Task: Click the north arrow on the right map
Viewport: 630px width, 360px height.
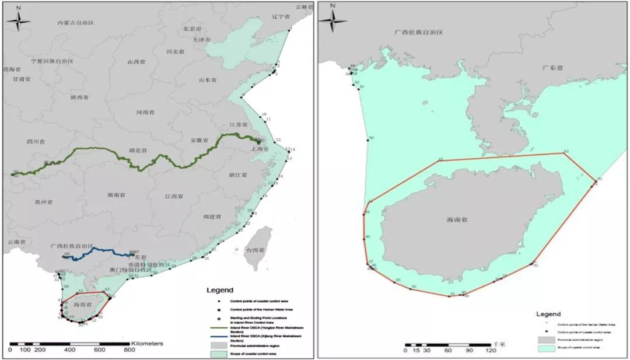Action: (x=332, y=21)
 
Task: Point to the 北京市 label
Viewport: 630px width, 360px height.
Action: (x=192, y=28)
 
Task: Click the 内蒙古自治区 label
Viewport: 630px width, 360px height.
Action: (x=75, y=22)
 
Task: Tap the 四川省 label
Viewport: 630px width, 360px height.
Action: (x=36, y=141)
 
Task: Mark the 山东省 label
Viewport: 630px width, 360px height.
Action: (x=208, y=79)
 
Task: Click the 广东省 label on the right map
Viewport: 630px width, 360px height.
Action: (x=552, y=68)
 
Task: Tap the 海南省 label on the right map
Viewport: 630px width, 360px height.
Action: (x=457, y=220)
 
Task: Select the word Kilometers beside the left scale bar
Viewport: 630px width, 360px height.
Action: (x=147, y=344)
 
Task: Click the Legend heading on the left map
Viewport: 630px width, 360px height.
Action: (x=220, y=290)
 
